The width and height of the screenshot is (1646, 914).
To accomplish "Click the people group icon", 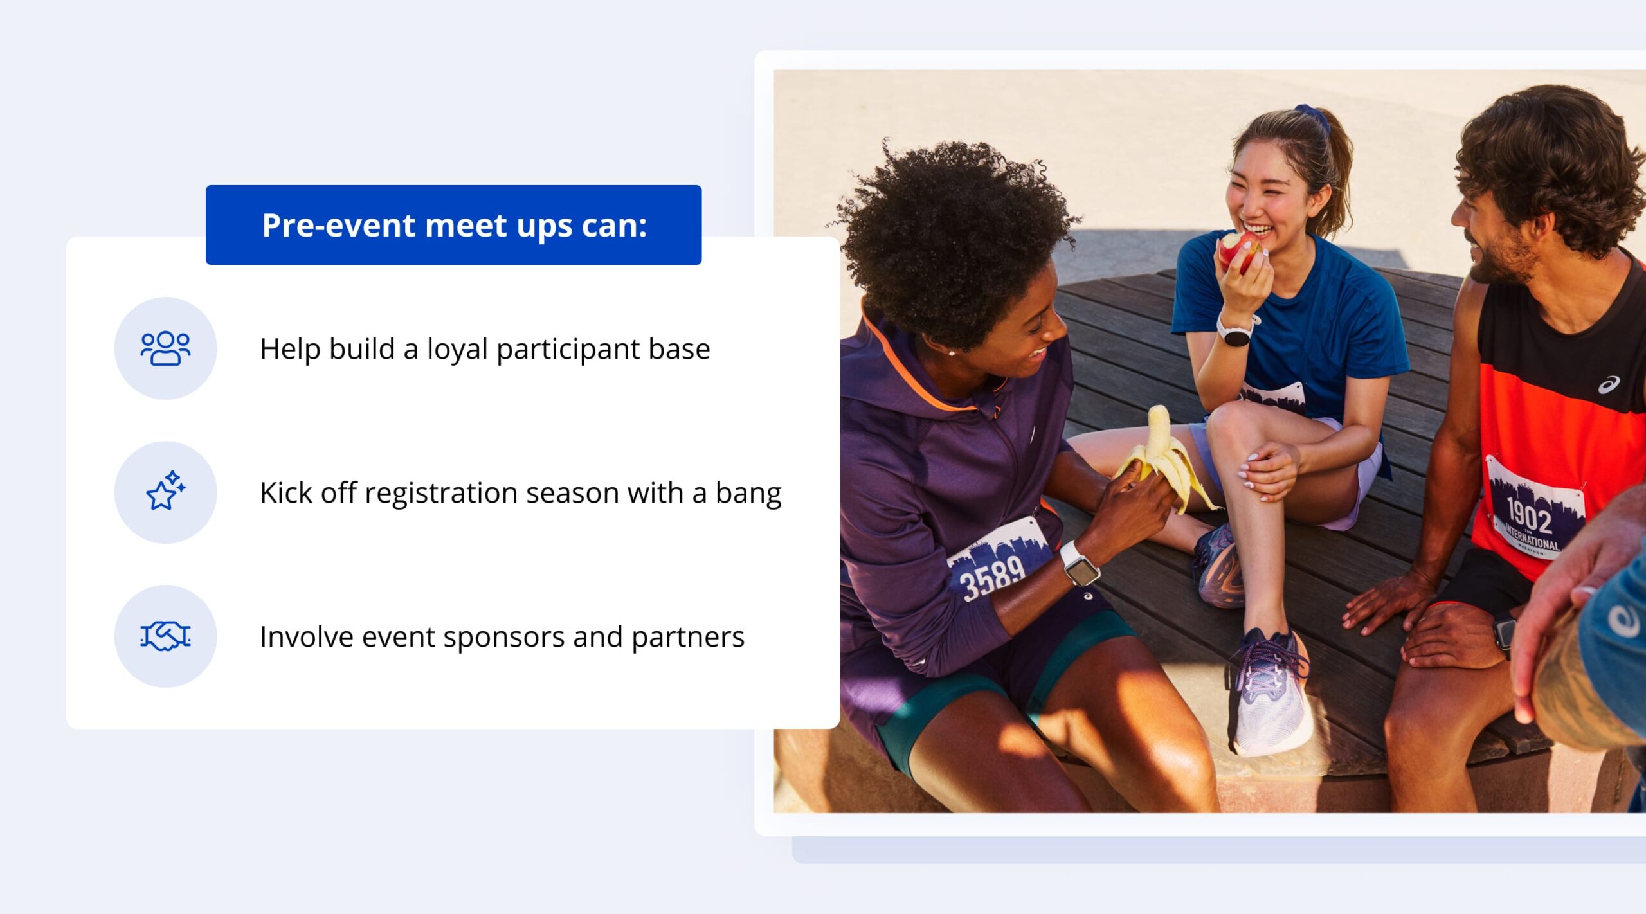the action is [165, 348].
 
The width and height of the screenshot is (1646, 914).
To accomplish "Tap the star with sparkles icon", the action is [166, 491].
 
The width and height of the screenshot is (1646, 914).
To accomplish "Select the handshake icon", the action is [165, 636].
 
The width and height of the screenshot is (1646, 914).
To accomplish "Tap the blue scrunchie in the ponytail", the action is [1312, 116].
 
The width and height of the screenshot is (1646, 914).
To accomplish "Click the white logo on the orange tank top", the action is [1608, 385].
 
